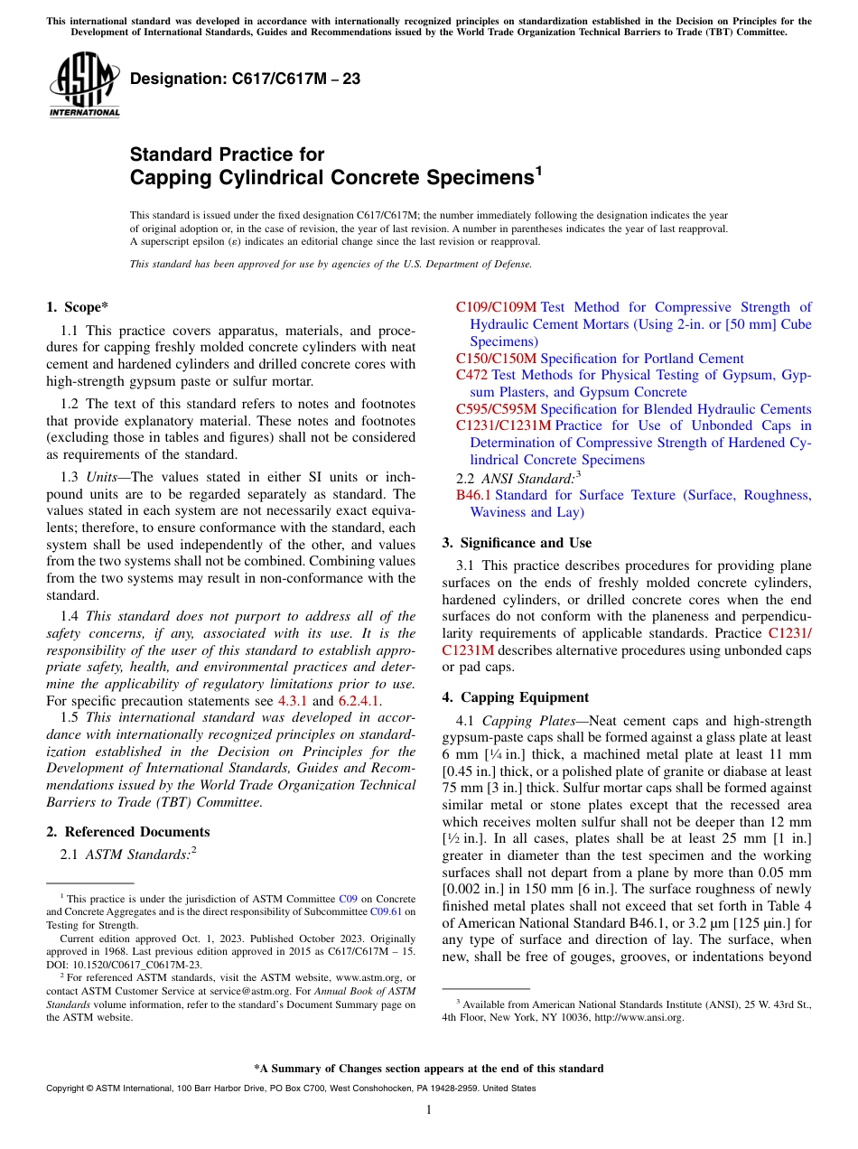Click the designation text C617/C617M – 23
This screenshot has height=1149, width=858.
(245, 79)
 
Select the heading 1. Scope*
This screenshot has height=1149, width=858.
(79, 307)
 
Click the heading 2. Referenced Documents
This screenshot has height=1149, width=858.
(128, 832)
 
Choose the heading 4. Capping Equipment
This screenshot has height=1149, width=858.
(515, 697)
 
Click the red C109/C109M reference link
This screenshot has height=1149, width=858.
(496, 307)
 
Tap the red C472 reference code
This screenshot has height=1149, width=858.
(472, 375)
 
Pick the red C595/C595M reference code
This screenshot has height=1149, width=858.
(496, 409)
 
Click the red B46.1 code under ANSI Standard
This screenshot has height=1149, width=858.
(473, 495)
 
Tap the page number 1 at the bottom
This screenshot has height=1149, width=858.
(429, 1109)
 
